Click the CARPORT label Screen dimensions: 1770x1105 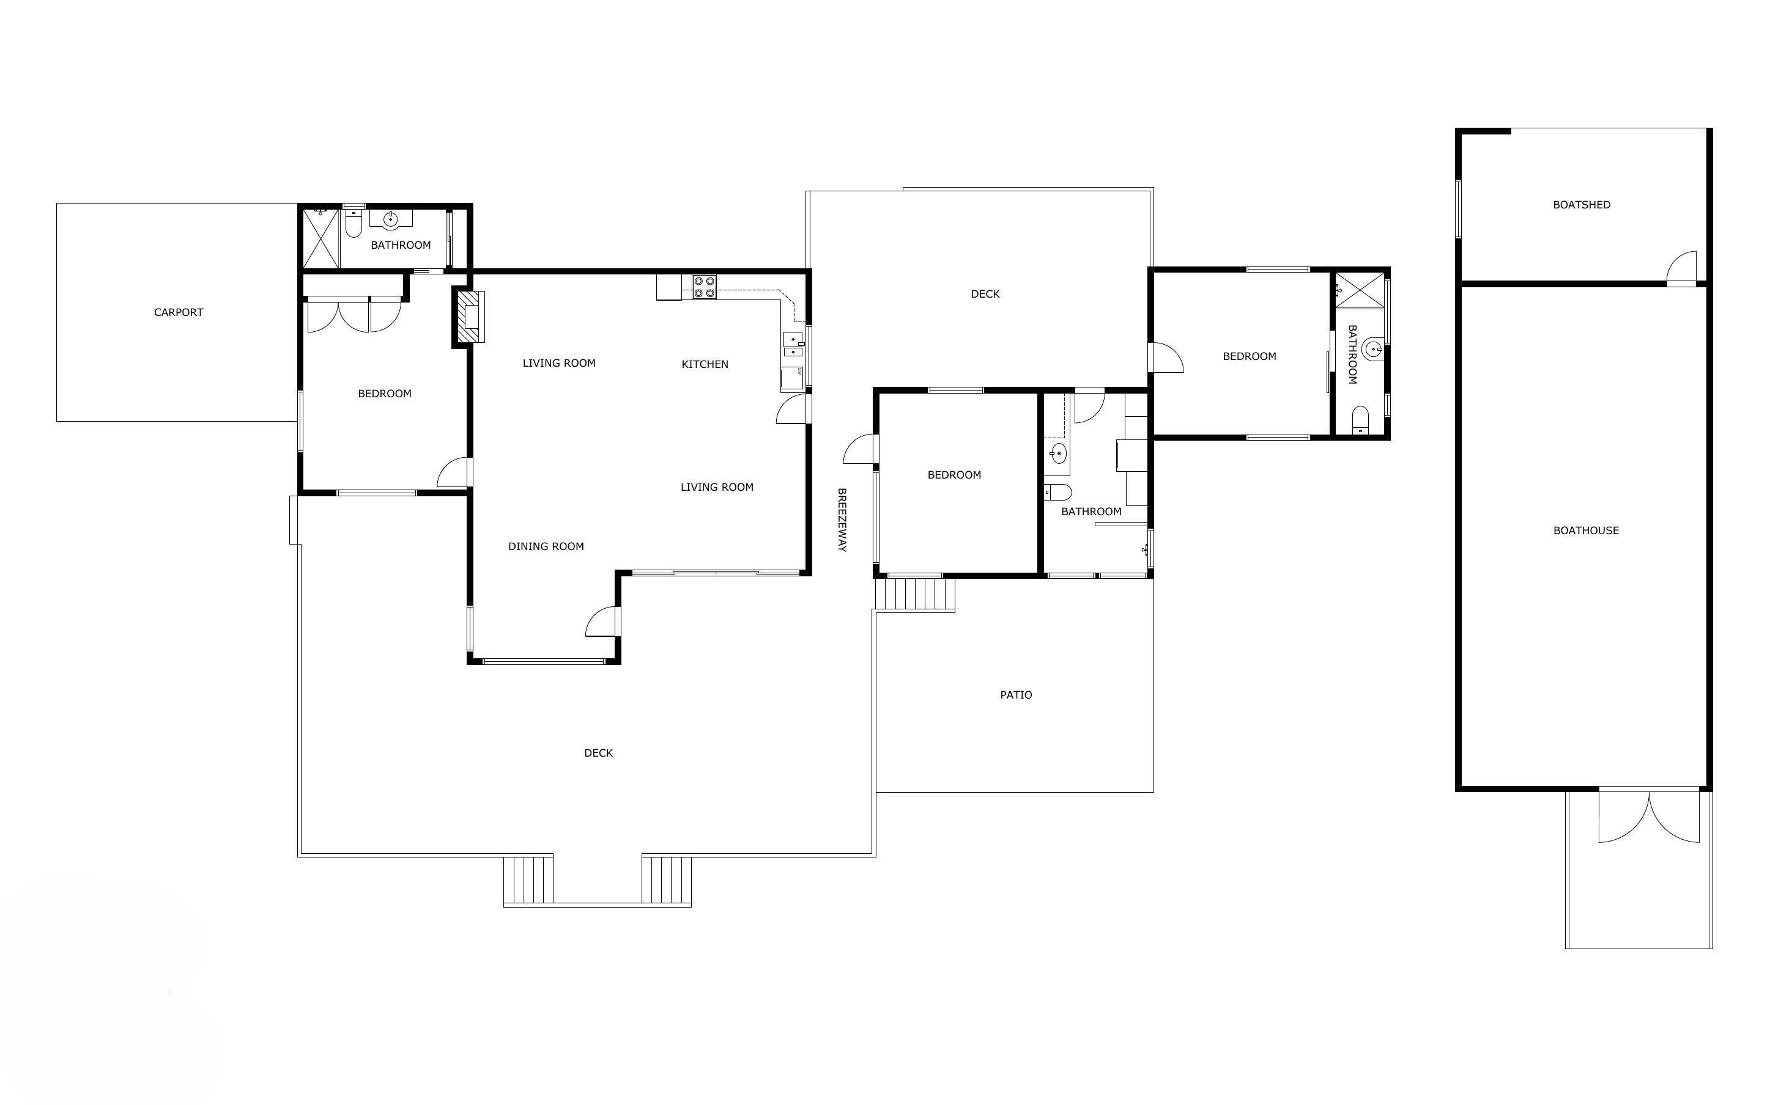[179, 312]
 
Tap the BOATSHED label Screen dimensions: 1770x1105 [1582, 205]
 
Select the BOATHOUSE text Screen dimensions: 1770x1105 [1586, 530]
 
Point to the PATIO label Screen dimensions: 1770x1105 [1015, 695]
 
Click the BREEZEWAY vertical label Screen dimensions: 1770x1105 [842, 519]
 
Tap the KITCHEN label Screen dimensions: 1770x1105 [705, 364]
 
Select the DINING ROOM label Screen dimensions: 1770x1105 [546, 546]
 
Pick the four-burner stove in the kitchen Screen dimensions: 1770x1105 [704, 287]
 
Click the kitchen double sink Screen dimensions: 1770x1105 [793, 344]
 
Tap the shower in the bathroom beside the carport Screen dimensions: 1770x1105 [322, 238]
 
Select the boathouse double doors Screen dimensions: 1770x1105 [1649, 817]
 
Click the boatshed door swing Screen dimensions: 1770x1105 [1681, 266]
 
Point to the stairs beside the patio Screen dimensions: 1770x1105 [916, 593]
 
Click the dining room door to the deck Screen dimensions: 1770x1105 [602, 621]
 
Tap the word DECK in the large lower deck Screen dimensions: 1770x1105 [598, 753]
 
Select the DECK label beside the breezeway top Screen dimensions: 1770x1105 [985, 294]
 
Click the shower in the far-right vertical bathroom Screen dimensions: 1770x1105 [1360, 290]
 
